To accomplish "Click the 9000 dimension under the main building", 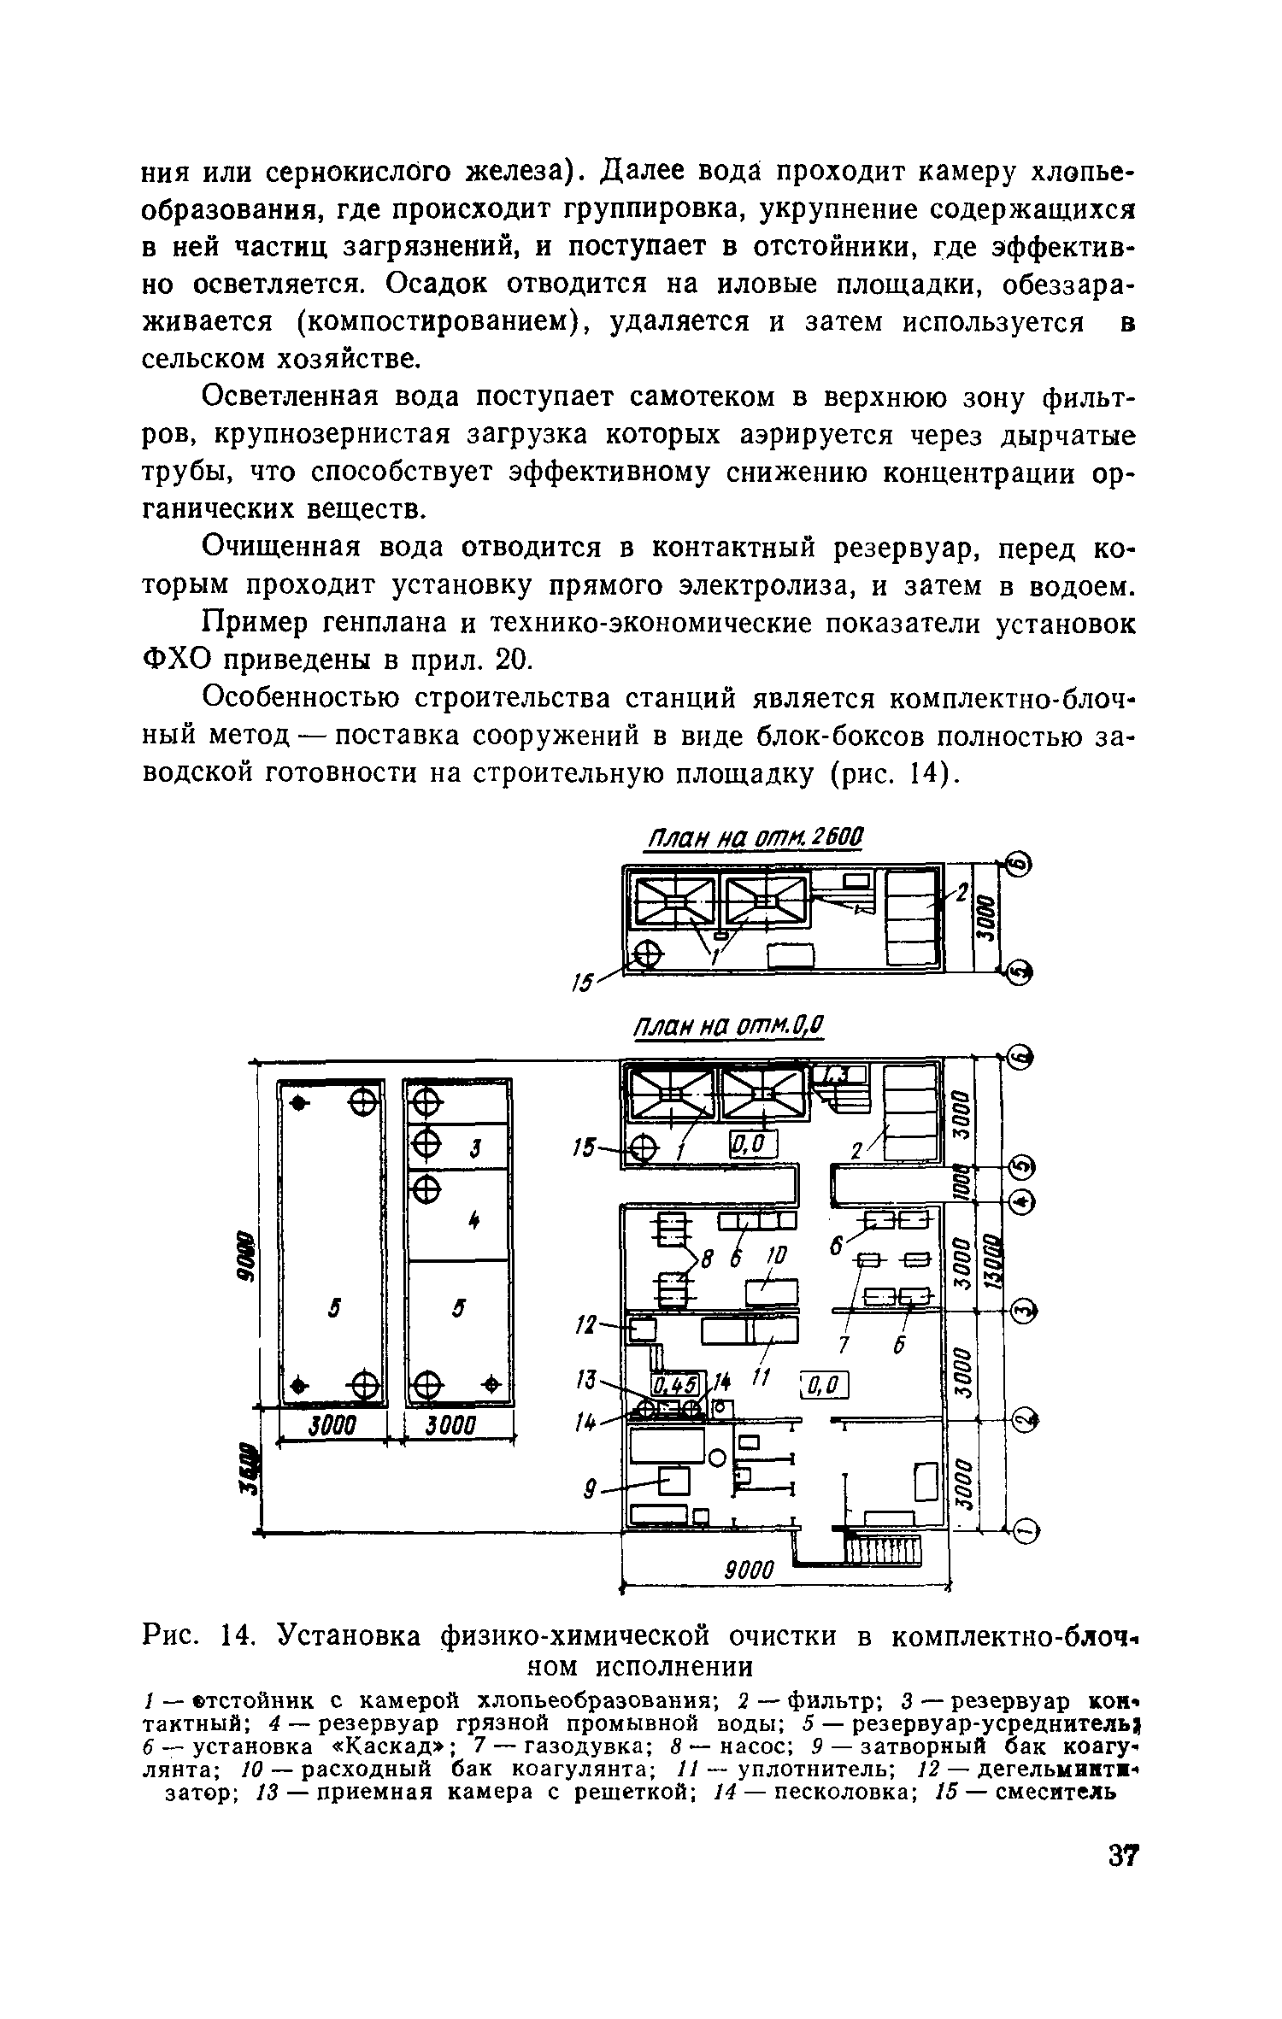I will pos(749,1569).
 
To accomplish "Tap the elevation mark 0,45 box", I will pos(676,1384).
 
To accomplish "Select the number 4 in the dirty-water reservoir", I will pos(473,1223).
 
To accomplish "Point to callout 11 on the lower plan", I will pos(758,1377).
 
